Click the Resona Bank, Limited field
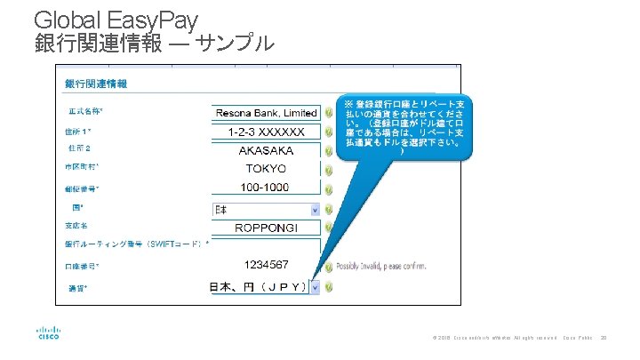(x=266, y=113)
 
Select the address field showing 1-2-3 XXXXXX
(x=266, y=132)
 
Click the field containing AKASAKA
(x=266, y=150)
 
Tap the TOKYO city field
(x=266, y=169)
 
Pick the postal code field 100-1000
(x=266, y=188)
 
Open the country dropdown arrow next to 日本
(x=315, y=210)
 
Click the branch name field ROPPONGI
(x=266, y=228)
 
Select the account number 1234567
(x=266, y=265)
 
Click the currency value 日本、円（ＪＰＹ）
(x=258, y=287)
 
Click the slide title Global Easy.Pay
(x=116, y=19)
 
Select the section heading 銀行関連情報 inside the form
(x=95, y=84)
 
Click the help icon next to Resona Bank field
(x=328, y=113)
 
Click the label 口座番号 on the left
(x=82, y=266)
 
